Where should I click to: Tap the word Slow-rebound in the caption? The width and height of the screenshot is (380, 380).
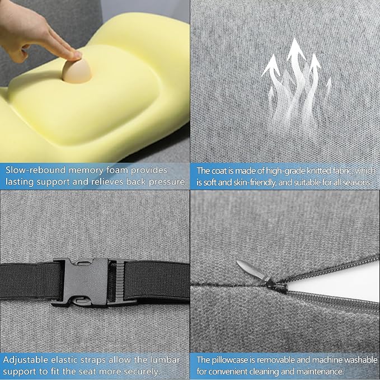36,170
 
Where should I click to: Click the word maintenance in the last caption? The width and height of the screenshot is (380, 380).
320,372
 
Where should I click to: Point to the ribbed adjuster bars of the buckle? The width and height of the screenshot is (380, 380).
120,281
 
